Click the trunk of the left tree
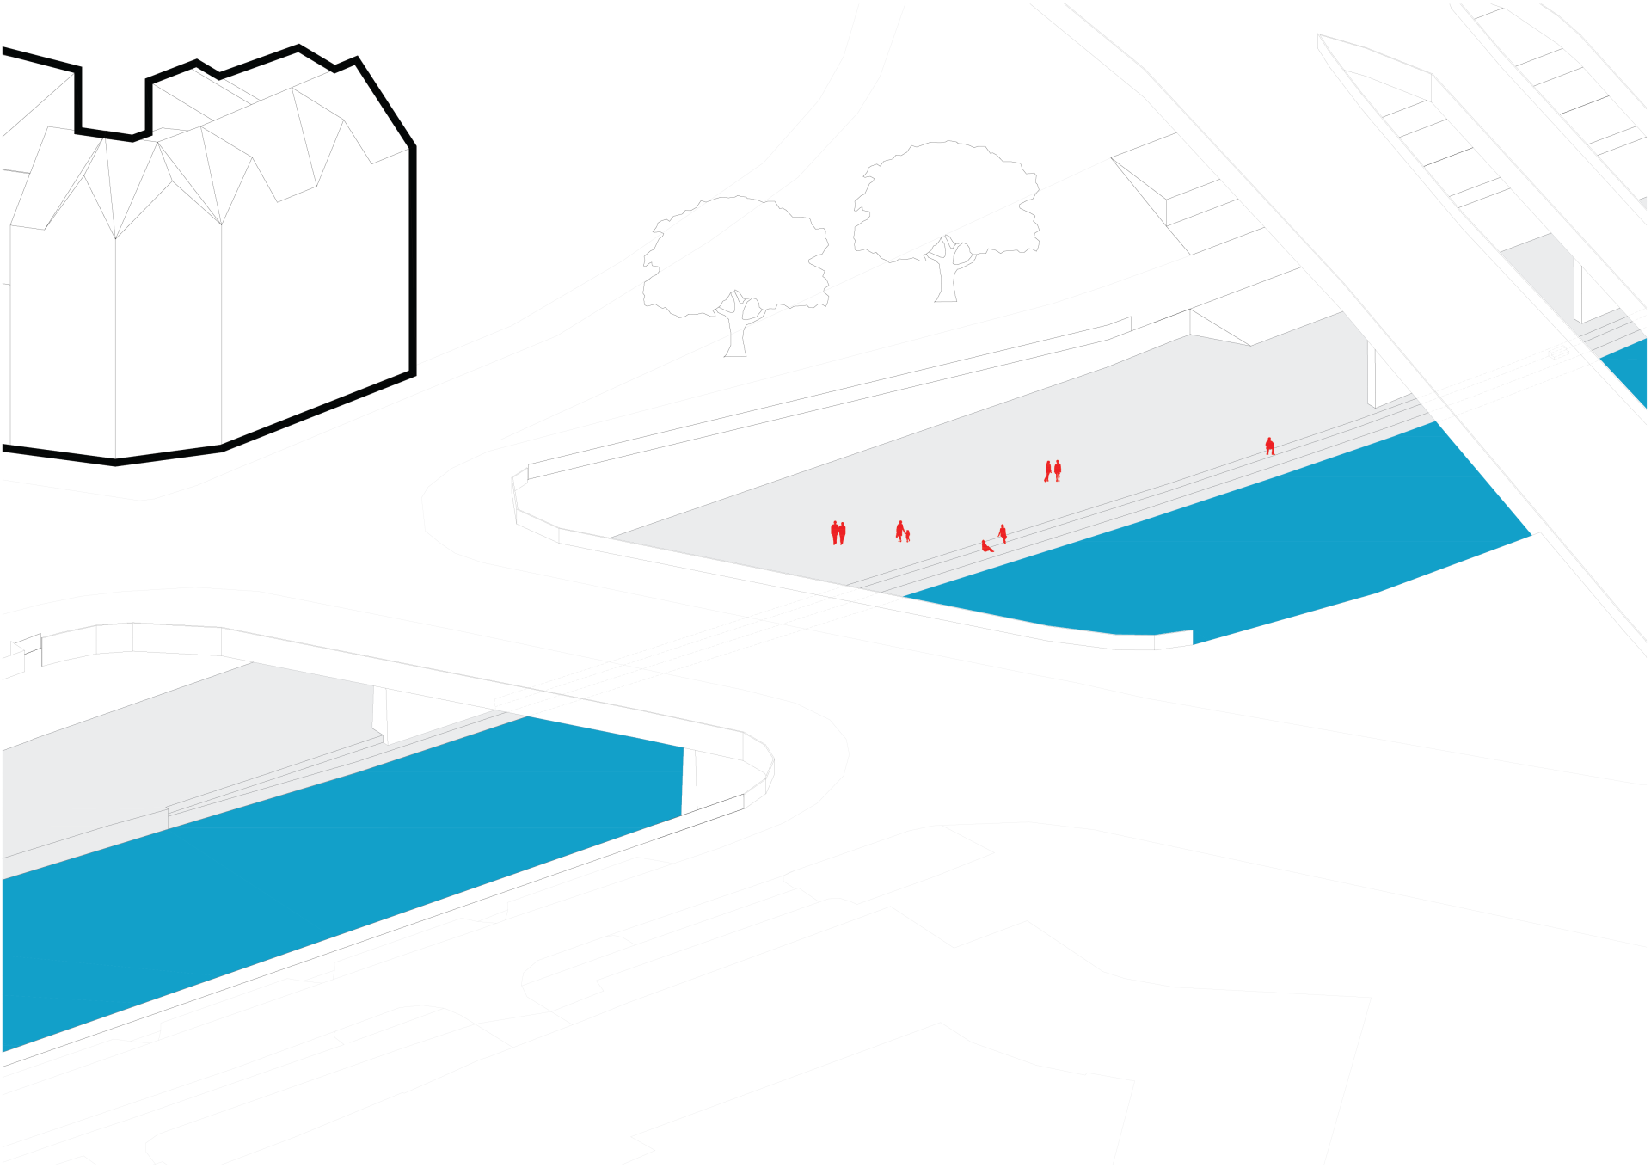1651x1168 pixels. [x=735, y=335]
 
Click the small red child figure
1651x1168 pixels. [x=907, y=536]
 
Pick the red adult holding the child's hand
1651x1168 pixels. [x=899, y=530]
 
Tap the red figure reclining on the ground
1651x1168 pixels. [x=986, y=546]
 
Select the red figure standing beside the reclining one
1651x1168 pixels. [x=1003, y=533]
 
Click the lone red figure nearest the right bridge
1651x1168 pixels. [x=1269, y=446]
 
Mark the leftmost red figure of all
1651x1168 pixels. [x=834, y=532]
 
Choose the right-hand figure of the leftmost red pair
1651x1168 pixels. [x=843, y=533]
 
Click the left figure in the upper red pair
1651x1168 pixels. [x=1048, y=470]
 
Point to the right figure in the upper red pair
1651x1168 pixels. [x=1058, y=470]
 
